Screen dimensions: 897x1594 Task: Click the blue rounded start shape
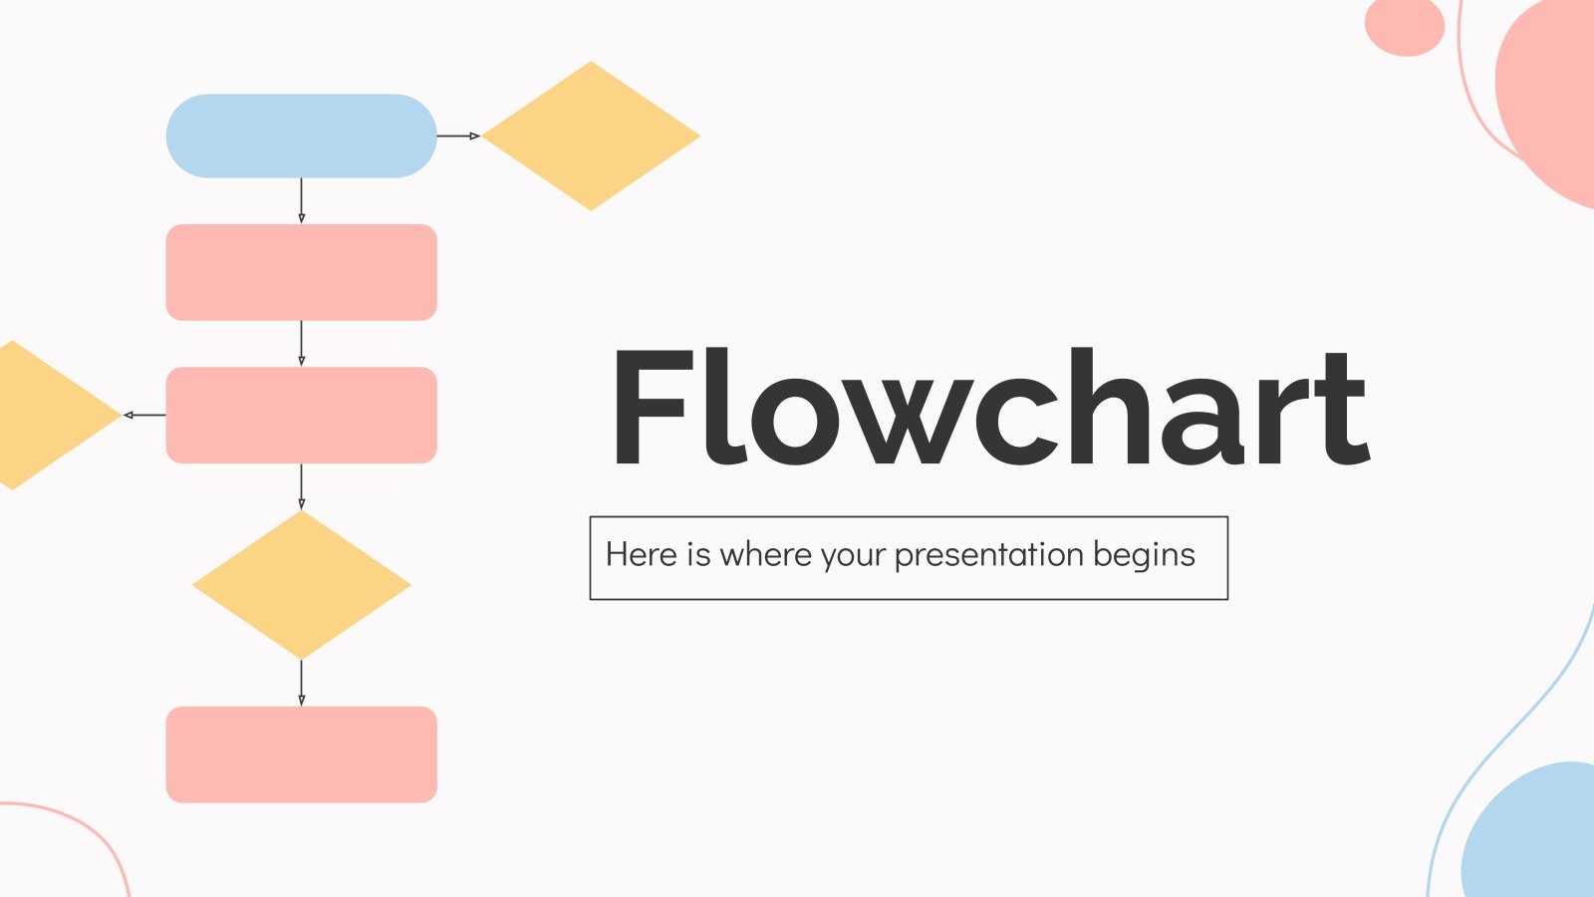point(301,136)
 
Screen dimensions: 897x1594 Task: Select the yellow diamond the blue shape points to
point(591,136)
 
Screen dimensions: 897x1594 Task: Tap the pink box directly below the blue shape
point(301,272)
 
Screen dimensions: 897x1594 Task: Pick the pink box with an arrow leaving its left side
point(301,415)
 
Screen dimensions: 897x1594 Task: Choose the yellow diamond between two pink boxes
point(301,585)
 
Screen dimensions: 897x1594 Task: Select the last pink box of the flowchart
point(301,754)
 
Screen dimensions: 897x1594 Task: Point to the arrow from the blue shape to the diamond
point(458,136)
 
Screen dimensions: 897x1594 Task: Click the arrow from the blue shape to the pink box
point(301,200)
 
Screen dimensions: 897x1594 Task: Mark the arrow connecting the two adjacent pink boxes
point(301,343)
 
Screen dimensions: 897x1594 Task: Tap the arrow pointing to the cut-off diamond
point(144,415)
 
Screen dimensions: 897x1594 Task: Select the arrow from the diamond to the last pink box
point(301,683)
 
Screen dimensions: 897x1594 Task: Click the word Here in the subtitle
point(641,555)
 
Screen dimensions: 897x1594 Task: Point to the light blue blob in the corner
point(1534,837)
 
